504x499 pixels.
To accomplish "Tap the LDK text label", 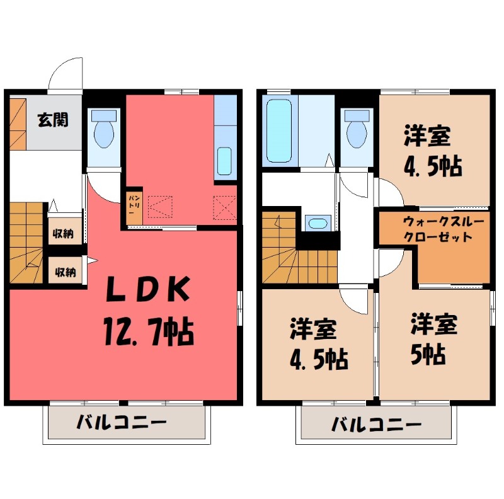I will pyautogui.click(x=146, y=291).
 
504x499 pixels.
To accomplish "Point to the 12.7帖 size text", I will pyautogui.click(x=146, y=330).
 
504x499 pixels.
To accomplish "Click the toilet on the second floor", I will pyautogui.click(x=357, y=129).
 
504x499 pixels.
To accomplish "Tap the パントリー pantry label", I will pyautogui.click(x=134, y=206).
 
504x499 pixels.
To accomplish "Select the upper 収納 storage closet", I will pyautogui.click(x=63, y=234).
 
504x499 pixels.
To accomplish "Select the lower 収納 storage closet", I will pyautogui.click(x=63, y=272).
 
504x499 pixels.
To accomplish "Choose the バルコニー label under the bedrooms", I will pyautogui.click(x=377, y=423).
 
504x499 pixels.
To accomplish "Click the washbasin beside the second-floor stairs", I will pyautogui.click(x=316, y=223).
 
